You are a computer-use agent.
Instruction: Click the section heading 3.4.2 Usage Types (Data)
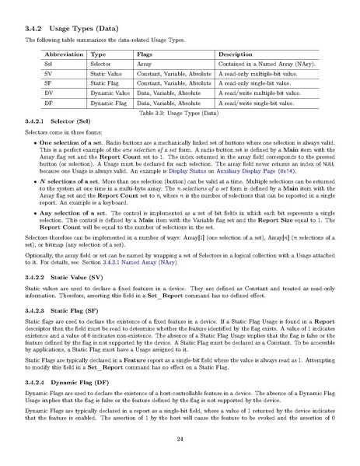(x=71, y=28)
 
